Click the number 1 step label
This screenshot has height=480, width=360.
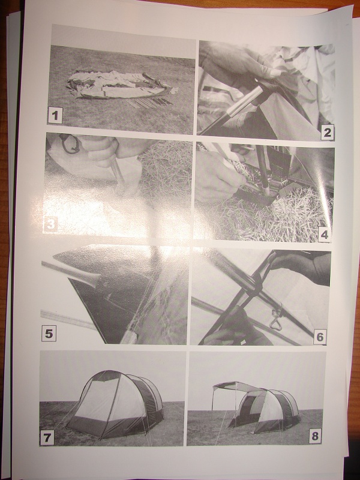[x=55, y=115]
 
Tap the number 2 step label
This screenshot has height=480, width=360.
[x=327, y=133]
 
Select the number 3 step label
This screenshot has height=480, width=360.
[x=50, y=224]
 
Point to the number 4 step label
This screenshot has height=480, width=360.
[x=324, y=235]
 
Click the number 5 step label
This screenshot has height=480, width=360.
[x=49, y=334]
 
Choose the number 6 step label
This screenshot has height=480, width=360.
[x=320, y=337]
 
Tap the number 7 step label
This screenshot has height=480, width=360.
[x=47, y=438]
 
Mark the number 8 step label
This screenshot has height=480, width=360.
[x=315, y=436]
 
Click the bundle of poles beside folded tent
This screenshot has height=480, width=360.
[x=150, y=103]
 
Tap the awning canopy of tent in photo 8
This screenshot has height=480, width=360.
[x=237, y=386]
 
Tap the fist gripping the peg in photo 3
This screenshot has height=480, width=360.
[x=103, y=148]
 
